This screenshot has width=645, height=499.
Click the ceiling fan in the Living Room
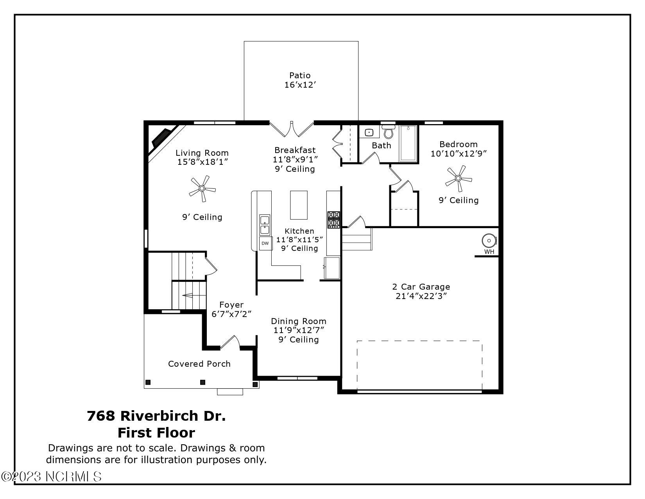[x=202, y=189]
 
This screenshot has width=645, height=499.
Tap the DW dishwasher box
[x=265, y=243]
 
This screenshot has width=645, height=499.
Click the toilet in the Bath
[x=388, y=132]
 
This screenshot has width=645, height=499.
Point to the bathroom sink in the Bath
[x=369, y=132]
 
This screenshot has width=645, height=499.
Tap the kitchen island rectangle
[x=299, y=205]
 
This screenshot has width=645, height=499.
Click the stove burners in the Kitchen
[x=333, y=220]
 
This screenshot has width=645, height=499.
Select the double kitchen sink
[x=265, y=225]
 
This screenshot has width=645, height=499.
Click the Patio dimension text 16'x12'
[x=300, y=85]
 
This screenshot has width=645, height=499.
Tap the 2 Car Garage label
[x=421, y=287]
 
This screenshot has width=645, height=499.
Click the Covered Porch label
[x=199, y=364]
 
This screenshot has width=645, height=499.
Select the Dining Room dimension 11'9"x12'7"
[x=299, y=330]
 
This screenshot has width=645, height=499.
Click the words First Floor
[x=156, y=433]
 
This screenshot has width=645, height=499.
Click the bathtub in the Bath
[x=408, y=143]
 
